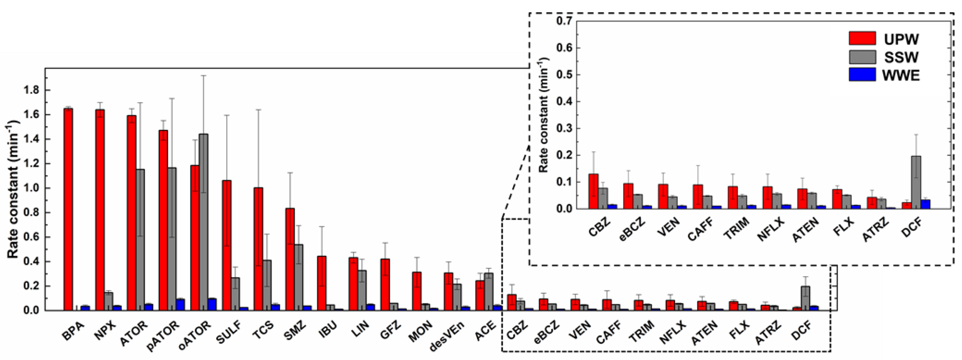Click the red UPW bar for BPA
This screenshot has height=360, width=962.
point(68,209)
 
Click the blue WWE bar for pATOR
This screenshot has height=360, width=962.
point(180,304)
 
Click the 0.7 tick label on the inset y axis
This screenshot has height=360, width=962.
point(564,21)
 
